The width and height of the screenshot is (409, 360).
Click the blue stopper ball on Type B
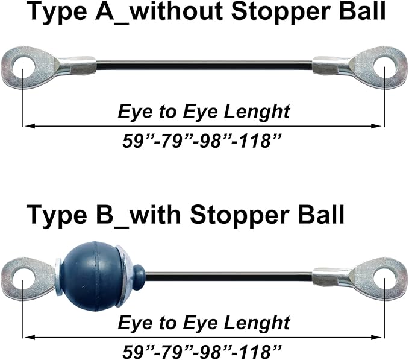[93, 277]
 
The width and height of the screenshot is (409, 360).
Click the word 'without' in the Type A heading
[176, 11]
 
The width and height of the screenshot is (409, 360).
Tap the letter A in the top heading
[105, 11]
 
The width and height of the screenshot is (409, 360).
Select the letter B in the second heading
[105, 215]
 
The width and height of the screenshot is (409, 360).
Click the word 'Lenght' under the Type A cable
[257, 112]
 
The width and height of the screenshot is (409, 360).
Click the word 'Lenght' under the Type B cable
[257, 323]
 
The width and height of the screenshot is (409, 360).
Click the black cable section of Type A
[205, 65]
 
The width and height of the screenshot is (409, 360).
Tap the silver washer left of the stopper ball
[58, 277]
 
